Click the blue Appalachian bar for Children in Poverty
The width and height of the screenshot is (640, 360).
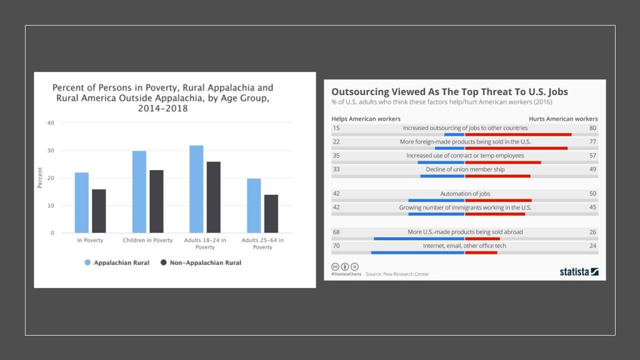[139, 192]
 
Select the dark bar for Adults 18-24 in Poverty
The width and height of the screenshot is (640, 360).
[214, 197]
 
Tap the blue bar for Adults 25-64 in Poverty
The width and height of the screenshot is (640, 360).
[254, 206]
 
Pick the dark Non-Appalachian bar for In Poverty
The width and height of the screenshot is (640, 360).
[99, 211]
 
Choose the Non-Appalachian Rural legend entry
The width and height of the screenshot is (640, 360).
[201, 263]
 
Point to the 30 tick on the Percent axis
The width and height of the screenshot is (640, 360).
[50, 151]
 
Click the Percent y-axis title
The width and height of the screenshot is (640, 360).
[40, 177]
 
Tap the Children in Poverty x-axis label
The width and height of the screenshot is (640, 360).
[147, 240]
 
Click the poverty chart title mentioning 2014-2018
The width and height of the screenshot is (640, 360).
[162, 98]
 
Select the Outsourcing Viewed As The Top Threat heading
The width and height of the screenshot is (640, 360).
[449, 91]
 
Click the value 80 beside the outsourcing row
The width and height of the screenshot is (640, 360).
[592, 128]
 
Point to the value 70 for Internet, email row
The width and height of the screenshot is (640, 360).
[336, 246]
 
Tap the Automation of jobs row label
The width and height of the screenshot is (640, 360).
[464, 194]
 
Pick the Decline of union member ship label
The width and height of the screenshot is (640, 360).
[465, 169]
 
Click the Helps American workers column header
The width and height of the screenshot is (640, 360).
[366, 119]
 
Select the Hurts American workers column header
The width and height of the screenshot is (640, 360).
[563, 119]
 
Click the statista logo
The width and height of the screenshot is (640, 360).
[579, 272]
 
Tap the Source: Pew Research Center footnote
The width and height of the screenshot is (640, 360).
[397, 274]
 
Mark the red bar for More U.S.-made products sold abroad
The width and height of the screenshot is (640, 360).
[482, 239]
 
